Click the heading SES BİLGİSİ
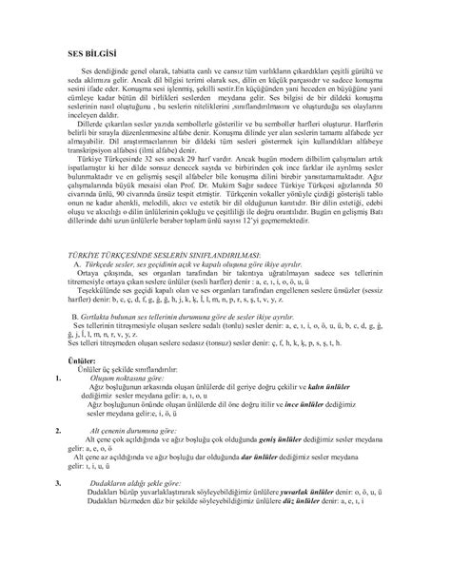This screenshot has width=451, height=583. pyautogui.click(x=83, y=56)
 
